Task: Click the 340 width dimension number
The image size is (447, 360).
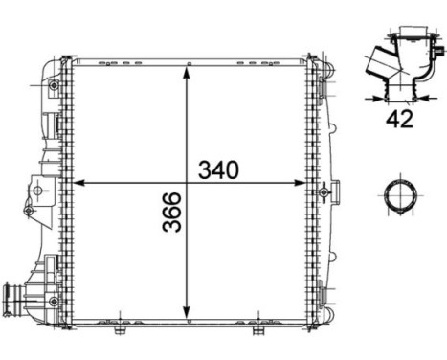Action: click(217, 170)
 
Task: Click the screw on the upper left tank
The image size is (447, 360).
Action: click(54, 86)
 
